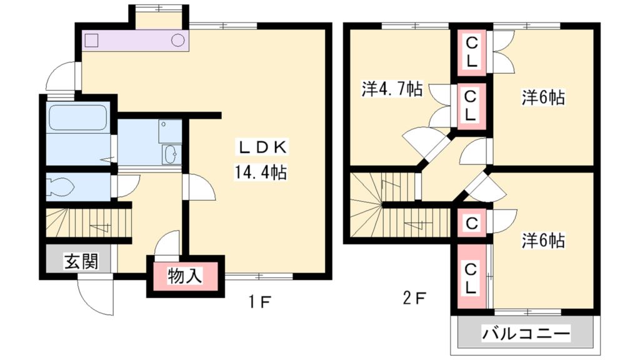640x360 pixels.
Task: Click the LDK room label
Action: [262, 147]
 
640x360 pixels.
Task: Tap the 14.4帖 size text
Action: [260, 172]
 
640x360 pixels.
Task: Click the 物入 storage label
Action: [185, 276]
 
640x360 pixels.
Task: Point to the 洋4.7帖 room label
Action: [392, 89]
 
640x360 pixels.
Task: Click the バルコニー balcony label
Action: [526, 334]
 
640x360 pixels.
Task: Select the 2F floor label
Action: [414, 299]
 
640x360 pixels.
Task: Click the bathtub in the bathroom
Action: [77, 117]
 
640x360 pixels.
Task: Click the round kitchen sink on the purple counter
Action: [178, 40]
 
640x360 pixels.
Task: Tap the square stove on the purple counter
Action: [91, 41]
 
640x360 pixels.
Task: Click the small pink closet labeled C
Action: [471, 223]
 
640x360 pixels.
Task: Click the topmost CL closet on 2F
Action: [471, 52]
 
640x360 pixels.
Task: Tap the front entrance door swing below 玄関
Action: [96, 295]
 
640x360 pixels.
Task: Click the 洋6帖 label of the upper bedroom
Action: [543, 97]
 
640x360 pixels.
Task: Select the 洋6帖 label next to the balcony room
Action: [543, 241]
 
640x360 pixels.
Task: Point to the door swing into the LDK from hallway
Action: [199, 187]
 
